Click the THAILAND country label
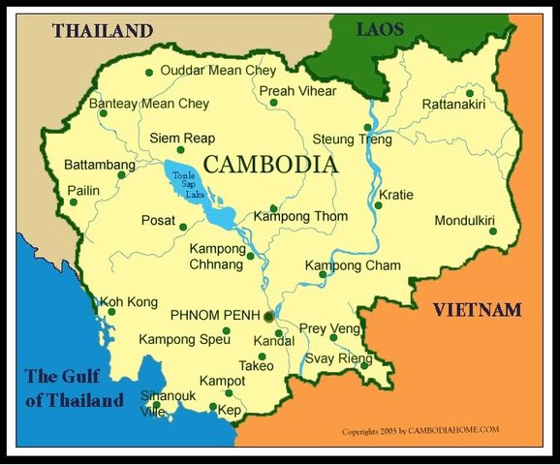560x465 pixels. pyautogui.click(x=103, y=30)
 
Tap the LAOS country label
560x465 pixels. pyautogui.click(x=380, y=30)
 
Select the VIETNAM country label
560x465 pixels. pyautogui.click(x=477, y=310)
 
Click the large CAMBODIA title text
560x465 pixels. pyautogui.click(x=272, y=165)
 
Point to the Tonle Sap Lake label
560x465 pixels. pyautogui.click(x=184, y=183)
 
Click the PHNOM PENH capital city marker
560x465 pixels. pyautogui.click(x=269, y=316)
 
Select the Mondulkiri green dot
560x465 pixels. pyautogui.click(x=492, y=231)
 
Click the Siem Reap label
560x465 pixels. pyautogui.click(x=182, y=139)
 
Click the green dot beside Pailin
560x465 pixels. pyautogui.click(x=73, y=202)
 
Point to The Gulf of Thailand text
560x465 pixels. pyautogui.click(x=75, y=388)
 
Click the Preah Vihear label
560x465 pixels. pyautogui.click(x=298, y=91)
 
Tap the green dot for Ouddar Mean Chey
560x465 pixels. pyautogui.click(x=148, y=73)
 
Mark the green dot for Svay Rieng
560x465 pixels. pyautogui.click(x=364, y=366)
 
